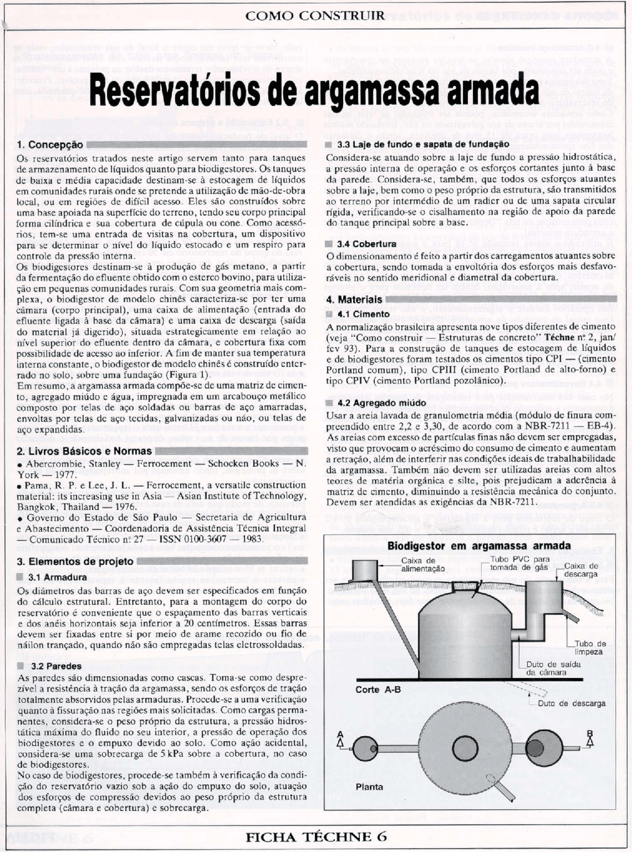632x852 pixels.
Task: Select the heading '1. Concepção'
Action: click(50, 145)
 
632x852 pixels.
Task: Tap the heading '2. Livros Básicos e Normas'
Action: click(84, 451)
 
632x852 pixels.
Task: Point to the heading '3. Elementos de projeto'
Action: click(75, 562)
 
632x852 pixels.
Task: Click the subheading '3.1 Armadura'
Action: click(57, 577)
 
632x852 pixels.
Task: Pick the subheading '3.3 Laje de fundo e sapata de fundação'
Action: click(423, 144)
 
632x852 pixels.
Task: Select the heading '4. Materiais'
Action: click(354, 300)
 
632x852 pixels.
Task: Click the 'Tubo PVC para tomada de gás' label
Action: click(519, 563)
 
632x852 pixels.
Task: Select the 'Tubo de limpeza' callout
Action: click(591, 648)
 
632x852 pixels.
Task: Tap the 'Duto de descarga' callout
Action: click(571, 703)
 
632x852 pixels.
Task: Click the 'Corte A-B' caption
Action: click(378, 690)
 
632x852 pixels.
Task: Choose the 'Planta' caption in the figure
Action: click(369, 787)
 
